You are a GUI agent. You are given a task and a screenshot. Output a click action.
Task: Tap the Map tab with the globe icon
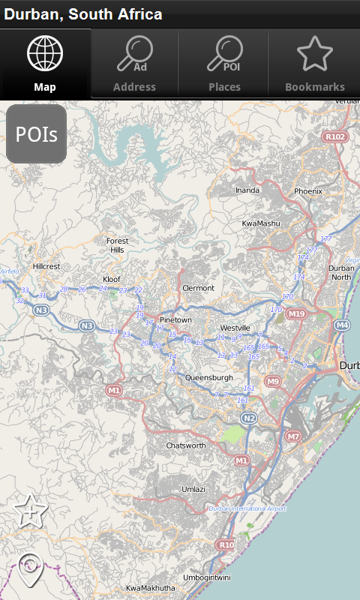pos(45,64)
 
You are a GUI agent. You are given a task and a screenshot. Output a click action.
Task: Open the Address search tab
pos(134,64)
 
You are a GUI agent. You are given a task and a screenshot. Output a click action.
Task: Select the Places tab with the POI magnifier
pos(224,64)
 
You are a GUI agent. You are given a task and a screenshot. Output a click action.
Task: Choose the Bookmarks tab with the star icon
pos(315,64)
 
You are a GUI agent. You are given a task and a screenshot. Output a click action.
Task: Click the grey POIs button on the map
pos(37,134)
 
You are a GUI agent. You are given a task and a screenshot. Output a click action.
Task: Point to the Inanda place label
pos(247,190)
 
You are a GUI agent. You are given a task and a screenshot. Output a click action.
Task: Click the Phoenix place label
pos(307,191)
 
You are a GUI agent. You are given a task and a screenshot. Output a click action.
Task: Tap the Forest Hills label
pos(117,245)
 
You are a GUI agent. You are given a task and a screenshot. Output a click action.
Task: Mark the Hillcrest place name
pos(46,266)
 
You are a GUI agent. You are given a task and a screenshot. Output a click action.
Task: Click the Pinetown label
pos(175,320)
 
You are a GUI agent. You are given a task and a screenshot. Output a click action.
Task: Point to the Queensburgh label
pos(209,377)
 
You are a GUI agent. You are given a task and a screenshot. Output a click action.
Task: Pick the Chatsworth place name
pos(185,445)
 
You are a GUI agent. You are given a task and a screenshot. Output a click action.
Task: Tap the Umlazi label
pos(193,489)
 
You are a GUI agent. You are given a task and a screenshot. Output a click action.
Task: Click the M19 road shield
pos(297,313)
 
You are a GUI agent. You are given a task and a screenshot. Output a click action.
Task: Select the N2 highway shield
pos(249,418)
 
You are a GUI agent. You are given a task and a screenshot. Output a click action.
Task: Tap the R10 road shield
pos(226,544)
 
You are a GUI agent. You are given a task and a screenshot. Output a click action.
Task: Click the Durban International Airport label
pos(247,508)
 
